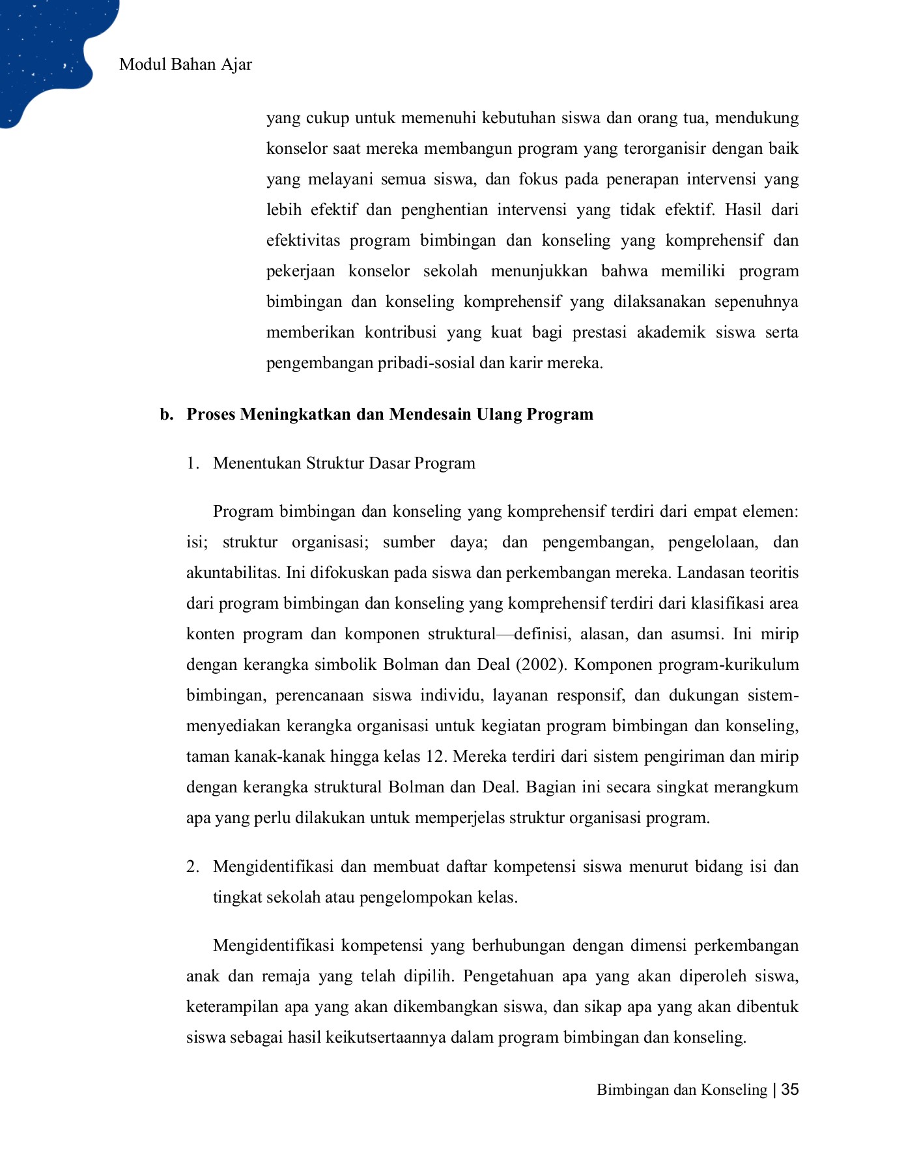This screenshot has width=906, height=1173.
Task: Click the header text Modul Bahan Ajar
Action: click(x=186, y=65)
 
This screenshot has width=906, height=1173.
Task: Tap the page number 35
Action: click(x=789, y=1090)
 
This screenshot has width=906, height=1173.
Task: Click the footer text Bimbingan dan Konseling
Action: click(x=681, y=1090)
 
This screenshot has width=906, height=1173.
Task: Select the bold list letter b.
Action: click(x=166, y=414)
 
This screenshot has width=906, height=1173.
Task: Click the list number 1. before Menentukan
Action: click(x=192, y=463)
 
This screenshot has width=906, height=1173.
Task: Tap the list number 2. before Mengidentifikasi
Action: click(x=192, y=867)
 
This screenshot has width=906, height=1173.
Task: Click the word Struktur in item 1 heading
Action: click(x=335, y=463)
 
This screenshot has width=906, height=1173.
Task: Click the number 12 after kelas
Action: click(x=434, y=757)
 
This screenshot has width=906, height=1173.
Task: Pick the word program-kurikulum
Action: click(x=720, y=665)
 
